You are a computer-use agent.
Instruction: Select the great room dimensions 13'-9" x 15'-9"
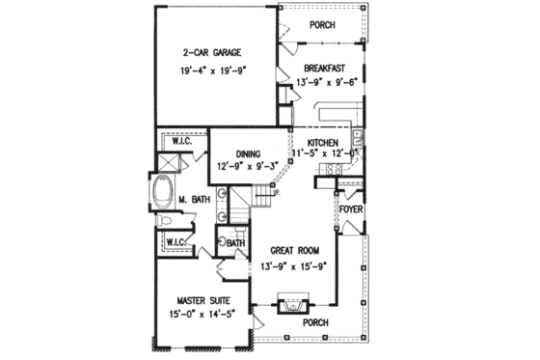click(296, 265)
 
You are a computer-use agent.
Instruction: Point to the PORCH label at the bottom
click(315, 321)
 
